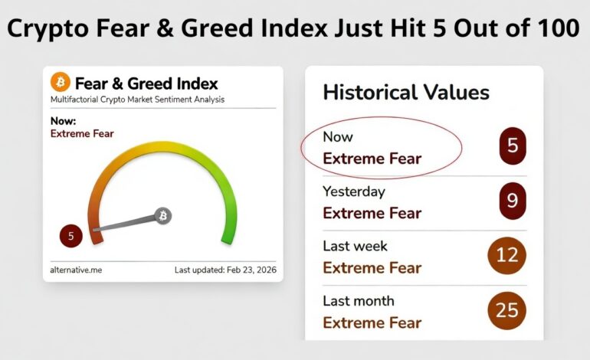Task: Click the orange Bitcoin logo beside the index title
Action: tap(61, 83)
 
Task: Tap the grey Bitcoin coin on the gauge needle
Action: tap(162, 216)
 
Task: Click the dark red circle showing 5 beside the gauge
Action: tap(70, 236)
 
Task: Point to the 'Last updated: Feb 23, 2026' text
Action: tap(225, 270)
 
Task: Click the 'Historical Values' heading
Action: tap(406, 93)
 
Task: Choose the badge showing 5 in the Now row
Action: tap(513, 146)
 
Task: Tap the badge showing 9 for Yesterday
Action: tap(513, 201)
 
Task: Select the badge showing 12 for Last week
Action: tap(507, 255)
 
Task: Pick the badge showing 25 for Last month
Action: tap(507, 309)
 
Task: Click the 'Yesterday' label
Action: tap(353, 191)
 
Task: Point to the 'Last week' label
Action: tap(355, 246)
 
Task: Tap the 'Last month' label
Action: tap(358, 301)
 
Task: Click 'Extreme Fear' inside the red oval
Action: tap(372, 159)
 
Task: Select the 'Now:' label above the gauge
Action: tap(63, 121)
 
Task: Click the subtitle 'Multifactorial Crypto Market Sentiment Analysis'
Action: tap(137, 100)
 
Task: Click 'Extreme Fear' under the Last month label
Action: tap(372, 322)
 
